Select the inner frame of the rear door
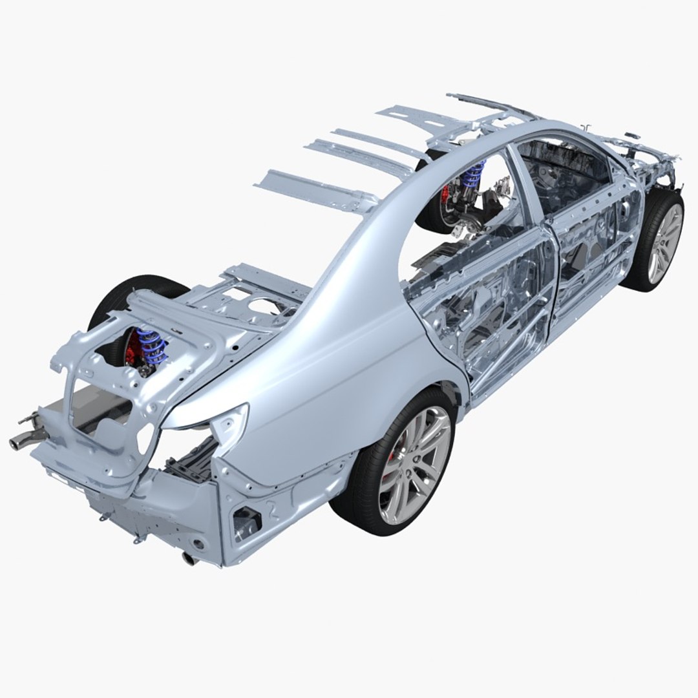click(491, 304)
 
